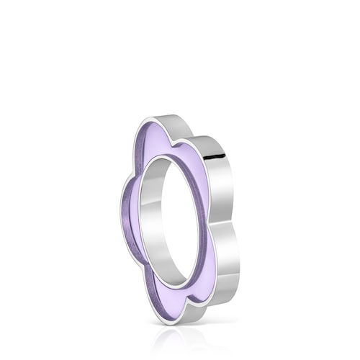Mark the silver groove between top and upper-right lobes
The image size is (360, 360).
click(x=193, y=140)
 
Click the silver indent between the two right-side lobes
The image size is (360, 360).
click(x=229, y=216)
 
